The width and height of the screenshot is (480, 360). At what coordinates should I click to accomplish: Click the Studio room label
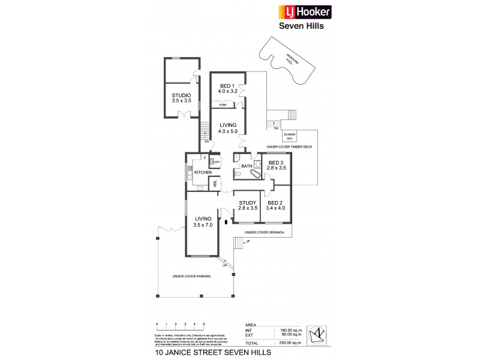tap(181, 98)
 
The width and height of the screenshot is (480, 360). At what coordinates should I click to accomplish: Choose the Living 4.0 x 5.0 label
tap(228, 128)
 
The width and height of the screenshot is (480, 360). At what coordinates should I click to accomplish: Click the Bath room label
tap(246, 166)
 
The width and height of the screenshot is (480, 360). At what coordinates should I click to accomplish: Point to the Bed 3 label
tap(277, 166)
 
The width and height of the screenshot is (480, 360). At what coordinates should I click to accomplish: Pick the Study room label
tap(247, 205)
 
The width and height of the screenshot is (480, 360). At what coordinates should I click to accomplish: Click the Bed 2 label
tap(276, 205)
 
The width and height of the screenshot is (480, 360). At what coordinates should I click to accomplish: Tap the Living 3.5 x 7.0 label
tap(203, 222)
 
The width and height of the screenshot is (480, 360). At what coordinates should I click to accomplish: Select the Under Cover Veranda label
tap(263, 231)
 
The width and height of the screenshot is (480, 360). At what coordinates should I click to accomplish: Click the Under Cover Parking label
tap(191, 276)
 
